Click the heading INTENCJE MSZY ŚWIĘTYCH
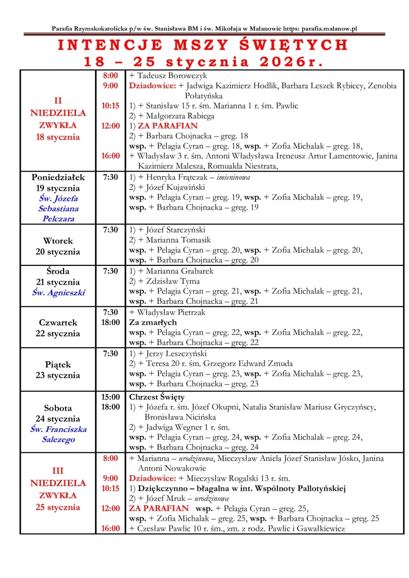(203, 45)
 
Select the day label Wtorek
(58, 240)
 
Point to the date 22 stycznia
(58, 333)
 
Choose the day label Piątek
(58, 364)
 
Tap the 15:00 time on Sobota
(110, 397)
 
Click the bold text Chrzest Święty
(157, 397)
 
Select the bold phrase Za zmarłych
(153, 322)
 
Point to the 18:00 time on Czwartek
(110, 322)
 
